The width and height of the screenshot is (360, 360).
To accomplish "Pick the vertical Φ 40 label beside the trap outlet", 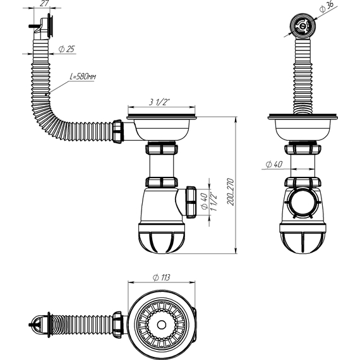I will pyautogui.click(x=204, y=201).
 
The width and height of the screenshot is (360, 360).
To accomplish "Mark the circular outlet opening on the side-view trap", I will pyautogui.click(x=302, y=205).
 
